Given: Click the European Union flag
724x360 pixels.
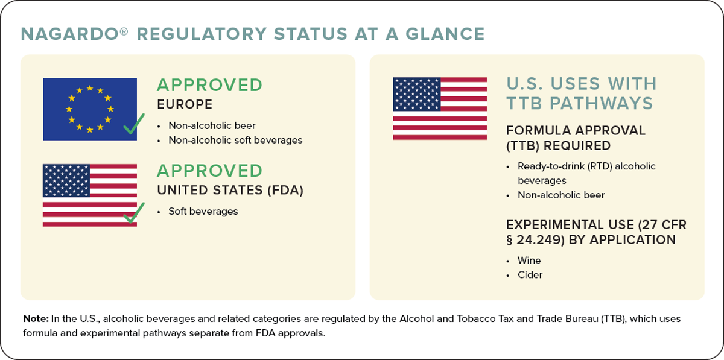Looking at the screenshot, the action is pyautogui.click(x=90, y=109).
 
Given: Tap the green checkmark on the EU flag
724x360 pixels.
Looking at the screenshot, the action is pyautogui.click(x=134, y=124).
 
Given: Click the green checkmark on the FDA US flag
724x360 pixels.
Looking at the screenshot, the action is pyautogui.click(x=134, y=213).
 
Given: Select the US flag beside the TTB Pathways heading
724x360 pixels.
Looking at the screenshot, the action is pyautogui.click(x=440, y=109).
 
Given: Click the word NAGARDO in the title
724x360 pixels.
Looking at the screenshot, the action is pyautogui.click(x=70, y=34).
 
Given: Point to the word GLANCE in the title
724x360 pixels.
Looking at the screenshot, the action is pyautogui.click(x=445, y=34).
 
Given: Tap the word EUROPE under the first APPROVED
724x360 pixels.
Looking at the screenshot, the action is pyautogui.click(x=185, y=104).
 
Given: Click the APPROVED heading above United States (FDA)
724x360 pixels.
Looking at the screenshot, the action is pyautogui.click(x=210, y=171).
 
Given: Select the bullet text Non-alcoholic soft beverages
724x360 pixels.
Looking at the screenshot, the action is pyautogui.click(x=235, y=141).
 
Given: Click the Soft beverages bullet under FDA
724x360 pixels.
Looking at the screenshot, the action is pyautogui.click(x=203, y=211).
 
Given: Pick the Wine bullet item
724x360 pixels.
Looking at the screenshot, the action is pyautogui.click(x=529, y=261).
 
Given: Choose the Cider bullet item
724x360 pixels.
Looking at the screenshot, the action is pyautogui.click(x=530, y=275).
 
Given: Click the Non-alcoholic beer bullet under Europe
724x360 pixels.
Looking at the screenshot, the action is pyautogui.click(x=212, y=125).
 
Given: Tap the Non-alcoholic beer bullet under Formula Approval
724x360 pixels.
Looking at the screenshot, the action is pyautogui.click(x=561, y=195).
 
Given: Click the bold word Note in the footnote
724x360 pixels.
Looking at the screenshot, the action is pyautogui.click(x=36, y=318).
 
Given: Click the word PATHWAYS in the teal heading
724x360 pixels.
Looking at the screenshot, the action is pyautogui.click(x=601, y=103).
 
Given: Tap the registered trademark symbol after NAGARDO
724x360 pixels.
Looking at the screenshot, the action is pyautogui.click(x=124, y=31).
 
